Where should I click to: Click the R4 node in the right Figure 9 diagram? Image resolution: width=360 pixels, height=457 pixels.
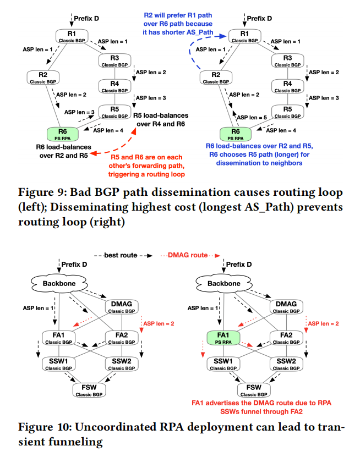pos(287,85)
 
